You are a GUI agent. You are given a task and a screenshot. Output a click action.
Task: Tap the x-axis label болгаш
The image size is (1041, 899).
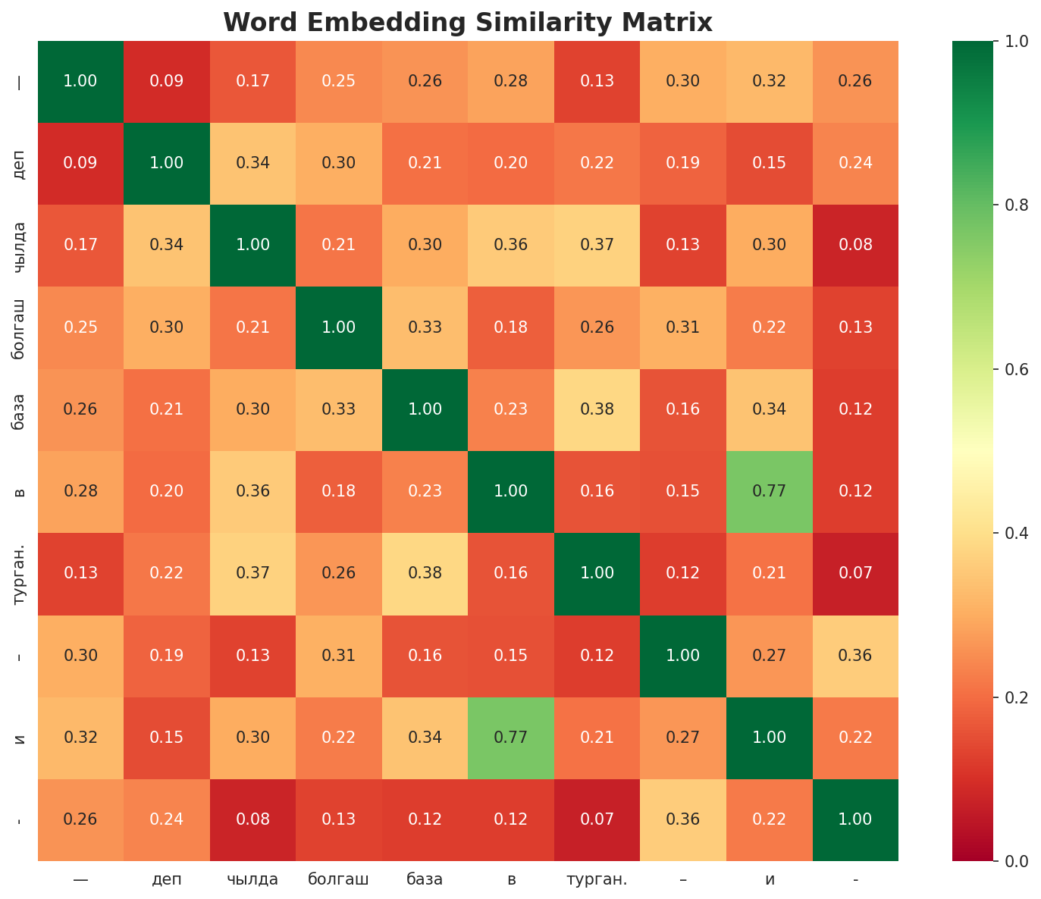pyautogui.click(x=338, y=880)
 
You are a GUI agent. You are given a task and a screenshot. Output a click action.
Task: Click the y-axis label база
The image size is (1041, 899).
pyautogui.click(x=20, y=410)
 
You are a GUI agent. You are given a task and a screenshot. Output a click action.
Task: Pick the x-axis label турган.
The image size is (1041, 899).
pyautogui.click(x=597, y=880)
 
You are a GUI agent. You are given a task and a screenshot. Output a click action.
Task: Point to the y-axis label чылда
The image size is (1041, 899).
pyautogui.click(x=20, y=246)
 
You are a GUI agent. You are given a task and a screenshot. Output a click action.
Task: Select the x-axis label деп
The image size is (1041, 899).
pyautogui.click(x=166, y=880)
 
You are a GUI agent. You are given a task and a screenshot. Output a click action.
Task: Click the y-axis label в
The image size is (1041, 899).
pyautogui.click(x=20, y=492)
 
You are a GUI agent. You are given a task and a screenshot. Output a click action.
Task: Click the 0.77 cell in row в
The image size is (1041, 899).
pyautogui.click(x=769, y=491)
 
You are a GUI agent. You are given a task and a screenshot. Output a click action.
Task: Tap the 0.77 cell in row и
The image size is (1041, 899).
pyautogui.click(x=510, y=738)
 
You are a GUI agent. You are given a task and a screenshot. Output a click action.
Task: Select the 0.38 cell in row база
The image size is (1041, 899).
pyautogui.click(x=597, y=409)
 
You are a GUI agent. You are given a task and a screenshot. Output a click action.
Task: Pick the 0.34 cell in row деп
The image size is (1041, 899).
pyautogui.click(x=252, y=163)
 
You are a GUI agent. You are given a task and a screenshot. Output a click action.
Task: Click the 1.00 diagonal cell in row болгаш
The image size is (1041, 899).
pyautogui.click(x=338, y=327)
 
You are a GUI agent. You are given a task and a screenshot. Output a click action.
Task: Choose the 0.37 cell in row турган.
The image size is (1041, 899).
pyautogui.click(x=252, y=574)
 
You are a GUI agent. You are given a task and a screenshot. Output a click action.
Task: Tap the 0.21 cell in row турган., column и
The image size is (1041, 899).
pyautogui.click(x=769, y=574)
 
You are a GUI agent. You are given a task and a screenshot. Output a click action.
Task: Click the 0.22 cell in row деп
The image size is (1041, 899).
pyautogui.click(x=597, y=163)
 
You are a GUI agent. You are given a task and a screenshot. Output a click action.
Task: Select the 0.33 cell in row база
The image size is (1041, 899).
pyautogui.click(x=338, y=409)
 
